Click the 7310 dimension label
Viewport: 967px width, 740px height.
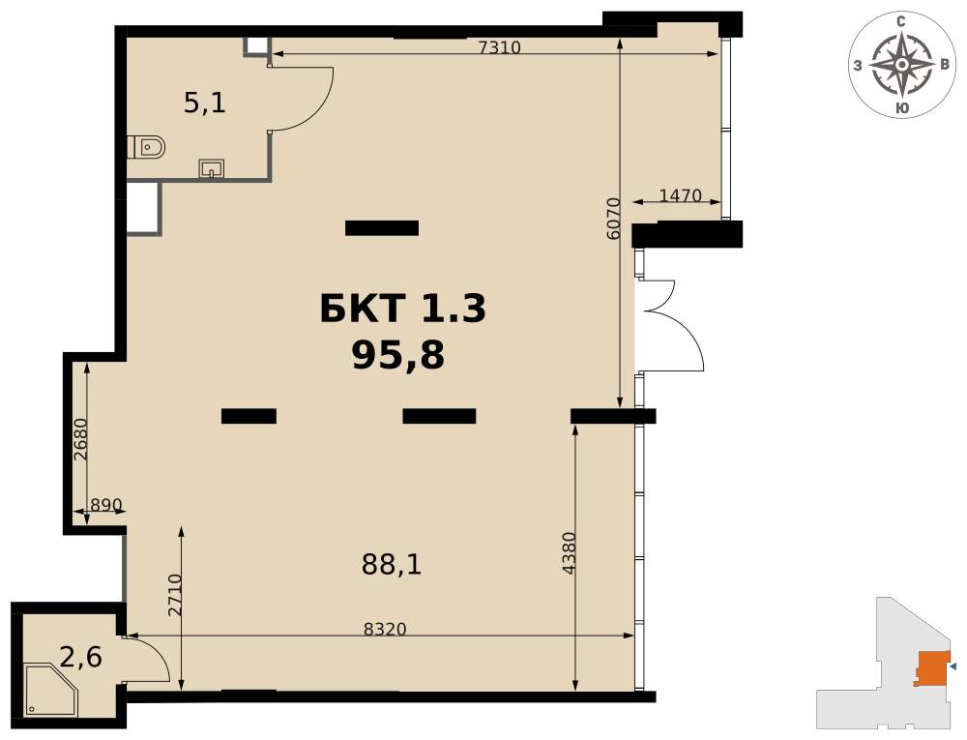coord(500,46)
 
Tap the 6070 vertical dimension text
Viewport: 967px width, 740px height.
coord(612,219)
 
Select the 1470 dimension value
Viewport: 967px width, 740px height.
coord(680,195)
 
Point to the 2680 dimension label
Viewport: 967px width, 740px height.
coord(81,440)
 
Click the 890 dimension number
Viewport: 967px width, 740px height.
coord(106,505)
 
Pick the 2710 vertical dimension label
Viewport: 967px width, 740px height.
coord(176,595)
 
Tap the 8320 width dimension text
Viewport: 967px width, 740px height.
coord(385,629)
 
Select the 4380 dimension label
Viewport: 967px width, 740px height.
coord(570,553)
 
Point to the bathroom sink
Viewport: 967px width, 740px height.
coord(212,167)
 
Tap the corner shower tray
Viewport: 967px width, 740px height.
coord(51,691)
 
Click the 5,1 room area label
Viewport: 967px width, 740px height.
coord(205,103)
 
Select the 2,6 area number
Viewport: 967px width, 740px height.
coord(81,658)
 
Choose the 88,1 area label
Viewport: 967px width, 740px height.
coord(392,564)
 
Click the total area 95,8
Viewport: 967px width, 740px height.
coord(398,356)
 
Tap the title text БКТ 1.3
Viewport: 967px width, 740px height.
coord(403,309)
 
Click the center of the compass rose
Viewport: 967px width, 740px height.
coord(901,64)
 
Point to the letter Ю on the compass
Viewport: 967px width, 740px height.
coord(901,108)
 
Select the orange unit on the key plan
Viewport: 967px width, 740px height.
coord(932,667)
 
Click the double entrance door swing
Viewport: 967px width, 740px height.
coord(672,325)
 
